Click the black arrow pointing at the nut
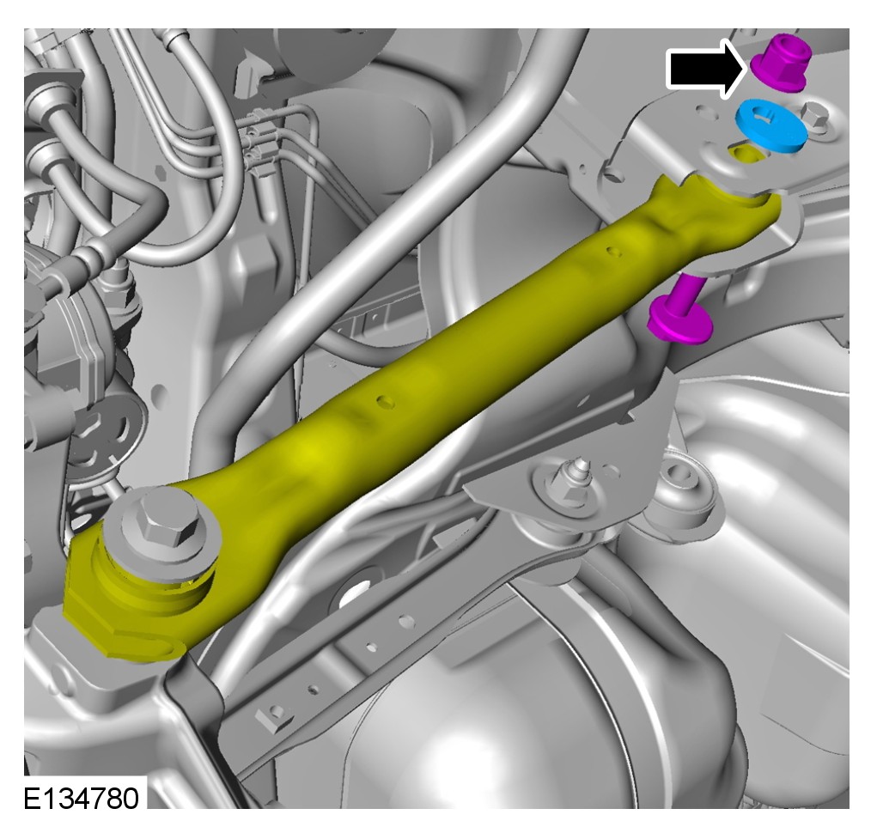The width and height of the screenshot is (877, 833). click(x=706, y=69)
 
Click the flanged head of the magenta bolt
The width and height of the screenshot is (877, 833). click(x=679, y=323)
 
